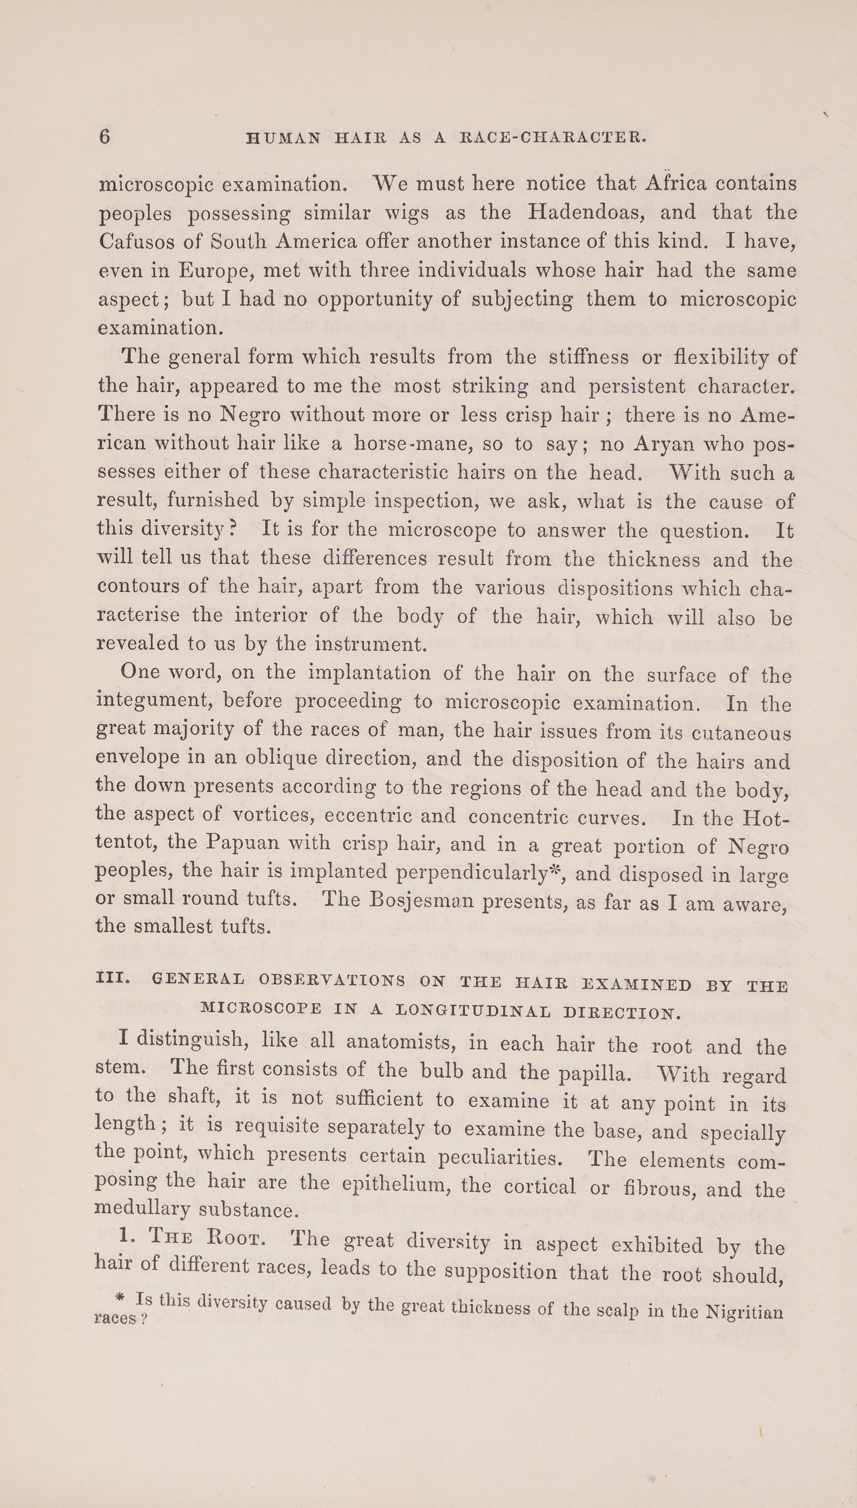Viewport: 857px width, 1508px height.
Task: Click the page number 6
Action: point(104,137)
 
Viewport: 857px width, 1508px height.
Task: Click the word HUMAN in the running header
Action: point(283,138)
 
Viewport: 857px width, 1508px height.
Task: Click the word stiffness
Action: point(588,357)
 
